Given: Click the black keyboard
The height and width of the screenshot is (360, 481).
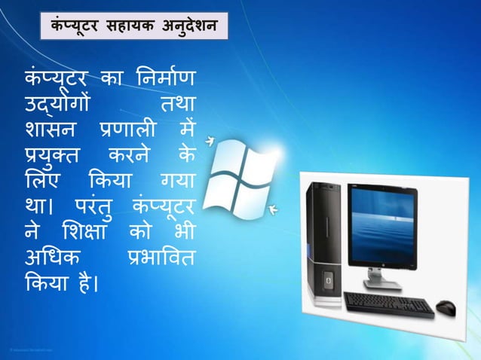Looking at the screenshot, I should (388, 304).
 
